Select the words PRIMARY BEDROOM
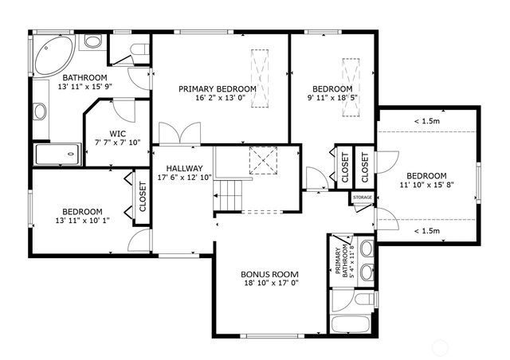click(x=218, y=89)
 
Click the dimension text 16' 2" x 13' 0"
click(x=218, y=100)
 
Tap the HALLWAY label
click(x=184, y=168)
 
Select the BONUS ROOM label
click(x=270, y=273)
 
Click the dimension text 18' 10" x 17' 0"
click(x=270, y=283)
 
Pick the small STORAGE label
click(x=362, y=197)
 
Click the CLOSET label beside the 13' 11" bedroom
click(x=143, y=196)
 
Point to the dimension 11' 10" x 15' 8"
click(x=426, y=186)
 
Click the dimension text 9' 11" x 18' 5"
click(x=332, y=100)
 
